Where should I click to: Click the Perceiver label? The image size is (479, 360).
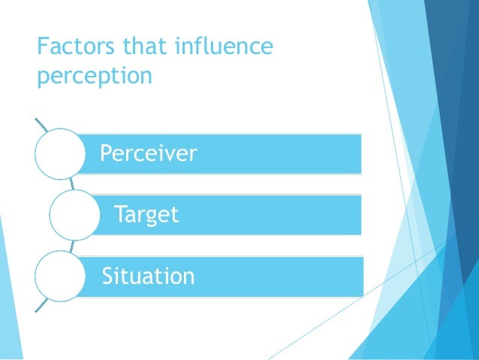click(149, 154)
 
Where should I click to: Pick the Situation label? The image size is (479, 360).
click(149, 276)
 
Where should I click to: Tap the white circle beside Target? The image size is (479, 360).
click(74, 215)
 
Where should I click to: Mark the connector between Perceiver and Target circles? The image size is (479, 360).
click(71, 183)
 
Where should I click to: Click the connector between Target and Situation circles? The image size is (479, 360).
click(71, 245)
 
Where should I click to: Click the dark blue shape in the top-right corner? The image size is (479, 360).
click(458, 45)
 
